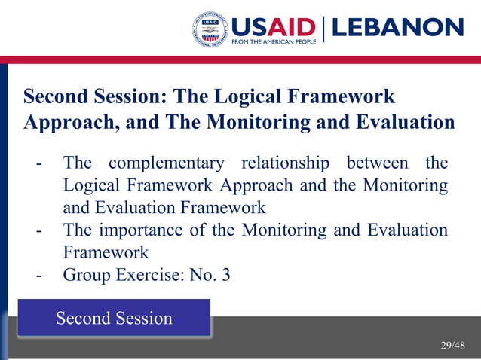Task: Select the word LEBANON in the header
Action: click(x=397, y=28)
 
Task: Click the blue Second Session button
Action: click(x=114, y=318)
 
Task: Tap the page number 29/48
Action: click(x=453, y=346)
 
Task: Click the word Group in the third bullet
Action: click(x=87, y=275)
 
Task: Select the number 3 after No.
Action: click(x=225, y=275)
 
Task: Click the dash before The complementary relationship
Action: click(x=38, y=163)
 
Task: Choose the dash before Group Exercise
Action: click(x=38, y=276)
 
